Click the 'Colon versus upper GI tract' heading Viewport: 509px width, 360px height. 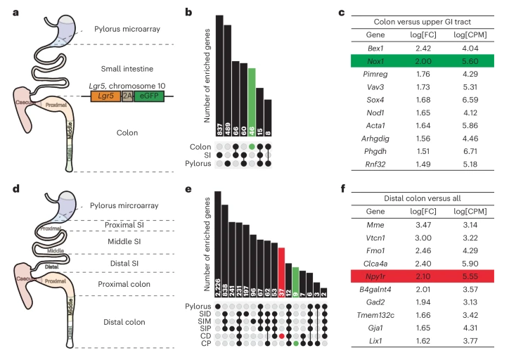(420, 20)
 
